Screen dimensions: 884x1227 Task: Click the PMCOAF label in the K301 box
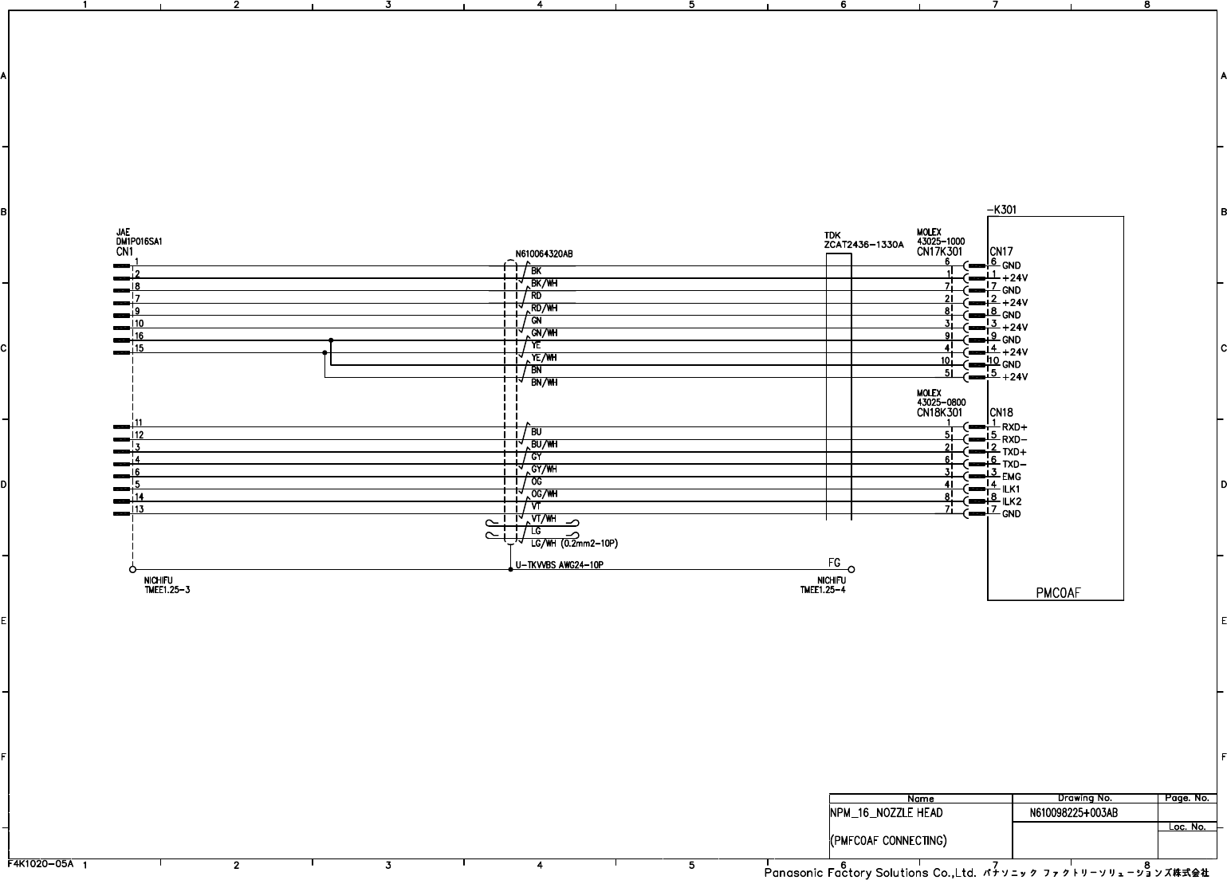point(1058,592)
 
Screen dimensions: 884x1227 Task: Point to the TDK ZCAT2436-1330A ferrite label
point(863,241)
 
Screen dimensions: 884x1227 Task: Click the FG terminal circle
point(851,569)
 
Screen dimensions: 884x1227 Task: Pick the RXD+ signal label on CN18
point(1014,427)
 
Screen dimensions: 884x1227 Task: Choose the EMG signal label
point(1011,477)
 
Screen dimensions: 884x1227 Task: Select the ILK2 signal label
point(1011,501)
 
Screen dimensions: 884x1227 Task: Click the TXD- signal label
point(1014,465)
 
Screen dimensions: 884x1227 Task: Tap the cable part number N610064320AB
point(544,254)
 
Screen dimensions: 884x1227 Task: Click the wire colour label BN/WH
point(544,383)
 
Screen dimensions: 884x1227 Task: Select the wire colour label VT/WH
point(544,519)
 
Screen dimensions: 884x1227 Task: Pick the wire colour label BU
point(536,432)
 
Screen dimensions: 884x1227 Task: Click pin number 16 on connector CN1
point(139,336)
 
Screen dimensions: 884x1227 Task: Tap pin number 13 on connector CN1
point(139,509)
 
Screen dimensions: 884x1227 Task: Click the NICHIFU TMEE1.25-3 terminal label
point(167,585)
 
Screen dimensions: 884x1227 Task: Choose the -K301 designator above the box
point(1001,210)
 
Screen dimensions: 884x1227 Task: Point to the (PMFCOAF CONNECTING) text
point(888,840)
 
